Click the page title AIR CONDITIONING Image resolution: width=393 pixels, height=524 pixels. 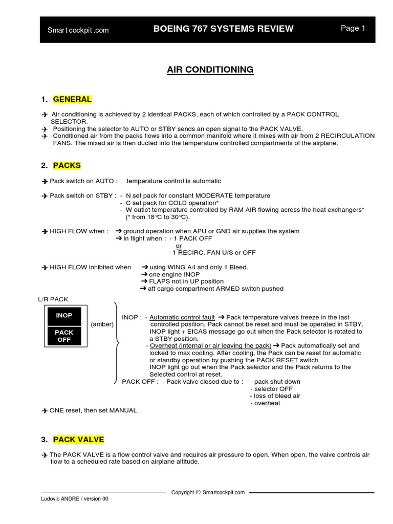pyautogui.click(x=210, y=70)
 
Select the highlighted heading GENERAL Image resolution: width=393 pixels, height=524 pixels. pyautogui.click(x=72, y=99)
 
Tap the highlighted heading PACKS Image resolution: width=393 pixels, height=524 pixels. pyautogui.click(x=67, y=166)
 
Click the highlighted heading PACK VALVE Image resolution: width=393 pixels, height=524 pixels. pyautogui.click(x=78, y=440)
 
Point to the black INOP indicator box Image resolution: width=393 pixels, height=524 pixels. pyautogui.click(x=64, y=316)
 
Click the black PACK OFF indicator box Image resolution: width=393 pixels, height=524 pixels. pyautogui.click(x=64, y=336)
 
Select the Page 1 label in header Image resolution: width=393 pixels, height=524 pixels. pyautogui.click(x=353, y=29)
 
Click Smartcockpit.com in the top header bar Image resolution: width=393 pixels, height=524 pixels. pyautogui.click(x=78, y=30)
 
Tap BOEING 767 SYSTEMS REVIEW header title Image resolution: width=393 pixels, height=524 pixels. pyautogui.click(x=223, y=29)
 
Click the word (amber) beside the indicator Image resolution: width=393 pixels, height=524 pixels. pyautogui.click(x=102, y=324)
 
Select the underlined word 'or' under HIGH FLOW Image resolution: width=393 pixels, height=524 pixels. pyautogui.click(x=179, y=246)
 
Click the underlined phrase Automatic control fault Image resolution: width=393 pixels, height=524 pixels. pyautogui.click(x=182, y=317)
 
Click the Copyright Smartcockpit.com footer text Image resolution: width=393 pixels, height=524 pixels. pyautogui.click(x=208, y=493)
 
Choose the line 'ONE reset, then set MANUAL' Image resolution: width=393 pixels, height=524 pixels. pyautogui.click(x=93, y=410)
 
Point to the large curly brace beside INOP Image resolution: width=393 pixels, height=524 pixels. pyautogui.click(x=117, y=343)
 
